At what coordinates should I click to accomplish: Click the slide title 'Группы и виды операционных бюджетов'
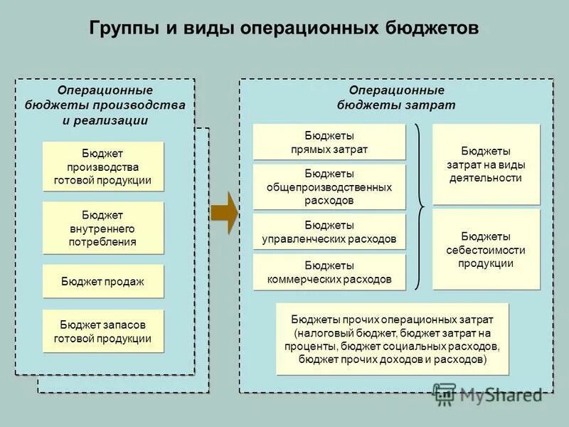click(284, 28)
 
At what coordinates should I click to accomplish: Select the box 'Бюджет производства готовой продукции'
click(102, 167)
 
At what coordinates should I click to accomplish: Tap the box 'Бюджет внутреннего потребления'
click(102, 228)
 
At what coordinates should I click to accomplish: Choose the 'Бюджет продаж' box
click(102, 281)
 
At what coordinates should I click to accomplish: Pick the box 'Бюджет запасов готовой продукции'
click(102, 331)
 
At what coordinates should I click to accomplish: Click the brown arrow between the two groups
click(224, 211)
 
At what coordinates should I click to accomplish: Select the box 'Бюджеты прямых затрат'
click(329, 142)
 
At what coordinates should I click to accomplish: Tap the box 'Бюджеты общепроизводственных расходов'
click(329, 187)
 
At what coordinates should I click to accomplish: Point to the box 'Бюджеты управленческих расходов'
click(329, 231)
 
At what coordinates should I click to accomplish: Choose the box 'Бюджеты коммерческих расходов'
click(329, 272)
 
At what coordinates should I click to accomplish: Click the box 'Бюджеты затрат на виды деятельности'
click(486, 164)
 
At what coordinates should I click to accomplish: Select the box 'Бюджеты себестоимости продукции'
click(486, 249)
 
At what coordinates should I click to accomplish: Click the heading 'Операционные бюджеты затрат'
click(396, 97)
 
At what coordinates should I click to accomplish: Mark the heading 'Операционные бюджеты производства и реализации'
click(105, 105)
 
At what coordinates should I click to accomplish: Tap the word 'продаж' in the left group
click(125, 281)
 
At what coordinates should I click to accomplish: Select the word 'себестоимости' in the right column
click(486, 250)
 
